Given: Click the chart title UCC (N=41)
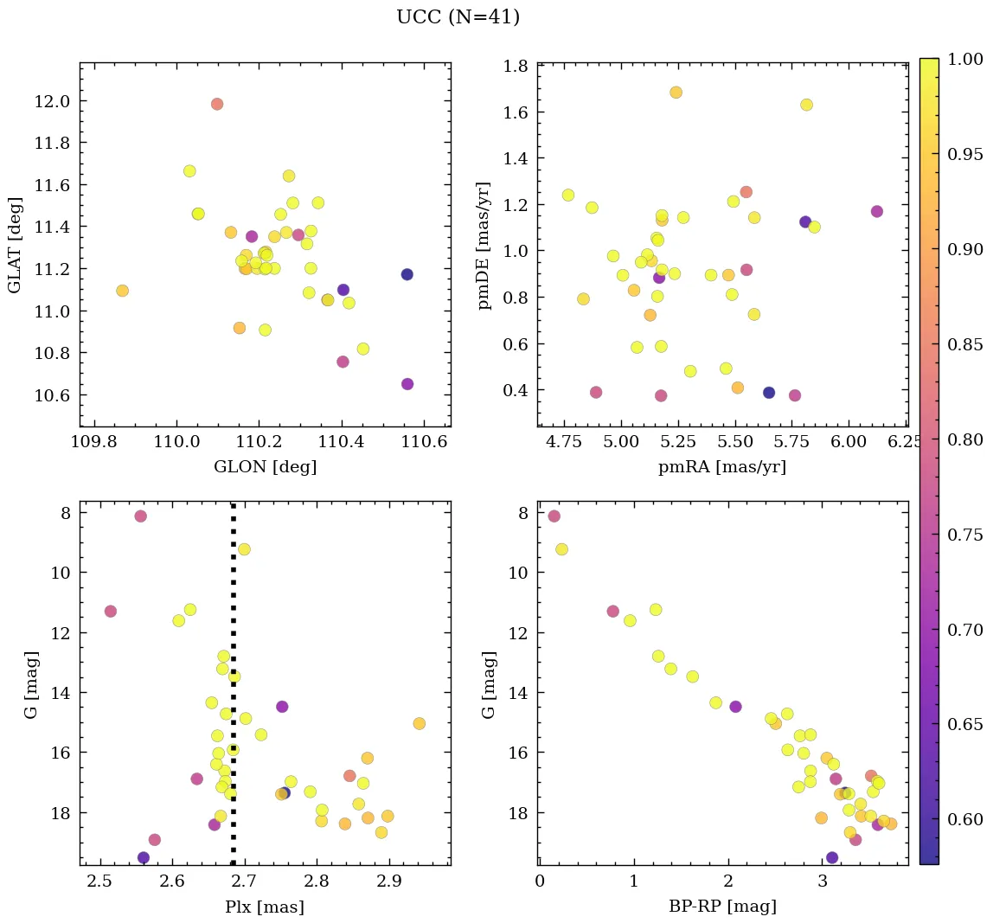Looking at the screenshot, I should coord(458,17).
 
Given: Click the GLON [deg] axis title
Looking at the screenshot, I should coord(265,467).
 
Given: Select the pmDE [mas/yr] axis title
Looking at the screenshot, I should coord(484,245).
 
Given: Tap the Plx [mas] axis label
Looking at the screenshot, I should coord(265,907).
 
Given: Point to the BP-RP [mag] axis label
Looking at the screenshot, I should coord(722,907).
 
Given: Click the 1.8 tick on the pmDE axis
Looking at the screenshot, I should coord(517,67).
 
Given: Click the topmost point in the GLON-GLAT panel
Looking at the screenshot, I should coord(216,104).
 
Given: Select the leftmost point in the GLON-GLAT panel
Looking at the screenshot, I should coord(122,291).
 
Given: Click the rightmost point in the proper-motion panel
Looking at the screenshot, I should coord(876,211).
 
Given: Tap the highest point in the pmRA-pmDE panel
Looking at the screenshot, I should coord(676,93).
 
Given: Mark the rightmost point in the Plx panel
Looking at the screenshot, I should coord(419,723).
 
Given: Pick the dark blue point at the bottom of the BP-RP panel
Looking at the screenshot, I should coord(832,857).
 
